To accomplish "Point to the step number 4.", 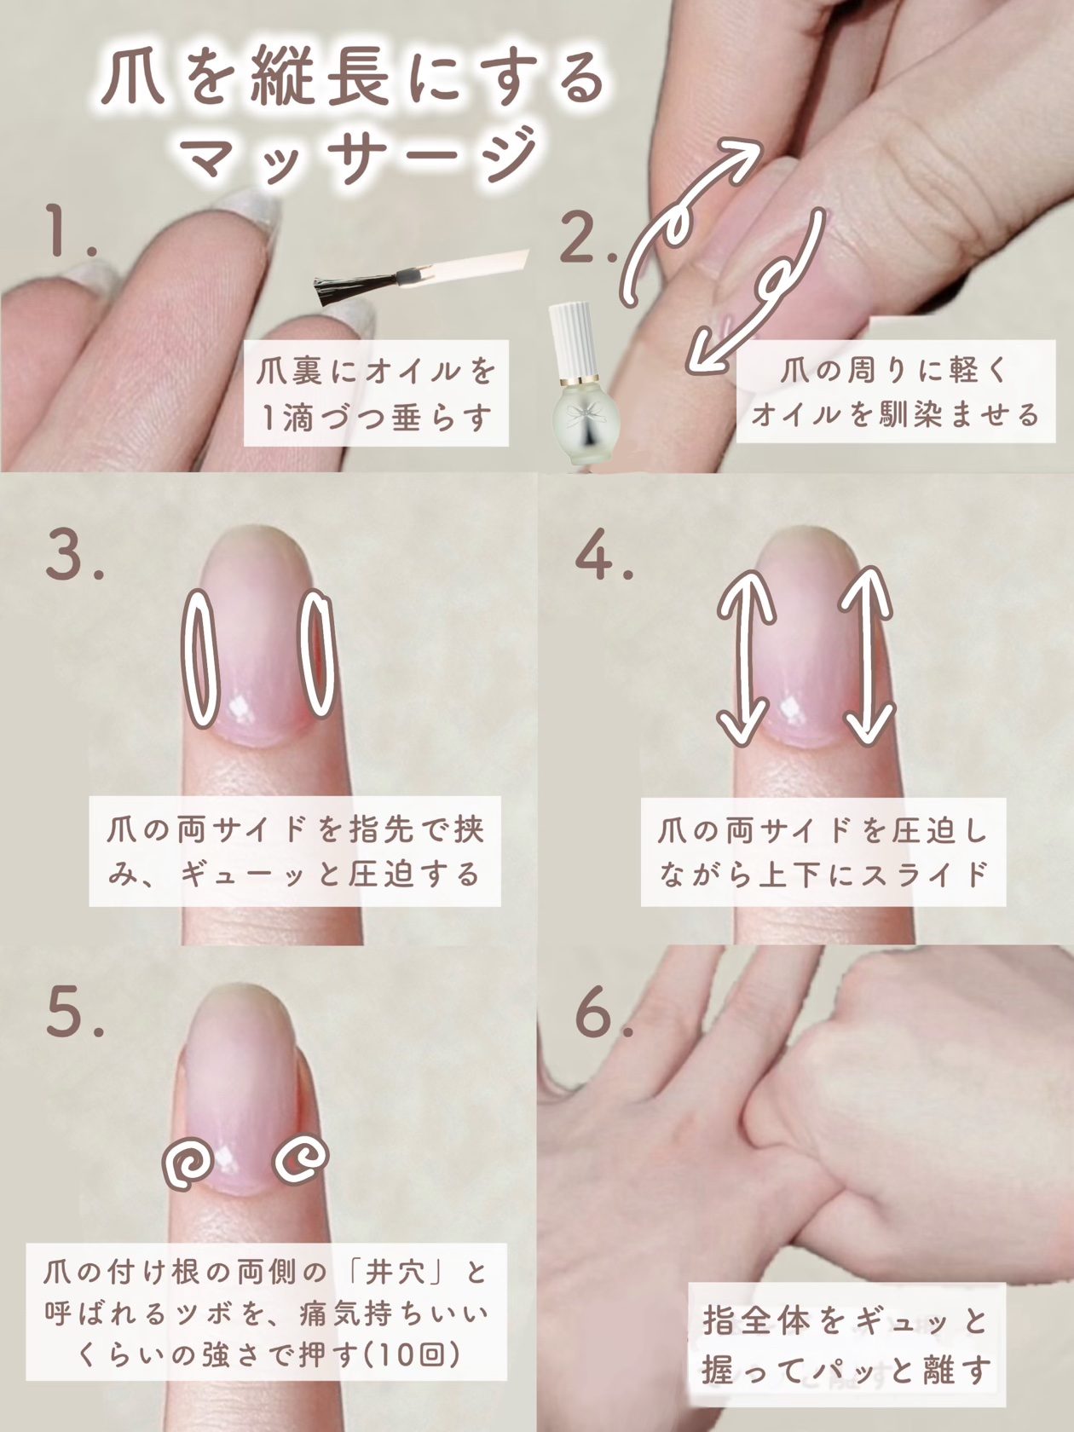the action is pos(604,555).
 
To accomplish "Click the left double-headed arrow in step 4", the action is pos(745,657).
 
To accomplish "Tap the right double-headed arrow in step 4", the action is pos(866,655).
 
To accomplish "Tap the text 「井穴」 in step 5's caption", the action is pos(396,1272).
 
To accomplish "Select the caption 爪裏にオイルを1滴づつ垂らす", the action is pos(376,393).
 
